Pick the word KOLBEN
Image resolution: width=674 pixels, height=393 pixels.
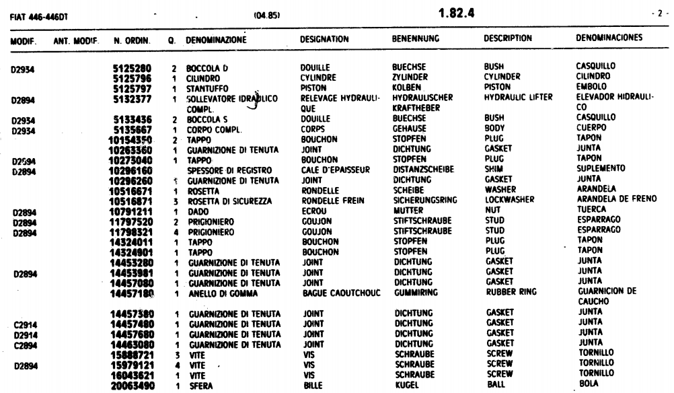pos(406,87)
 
